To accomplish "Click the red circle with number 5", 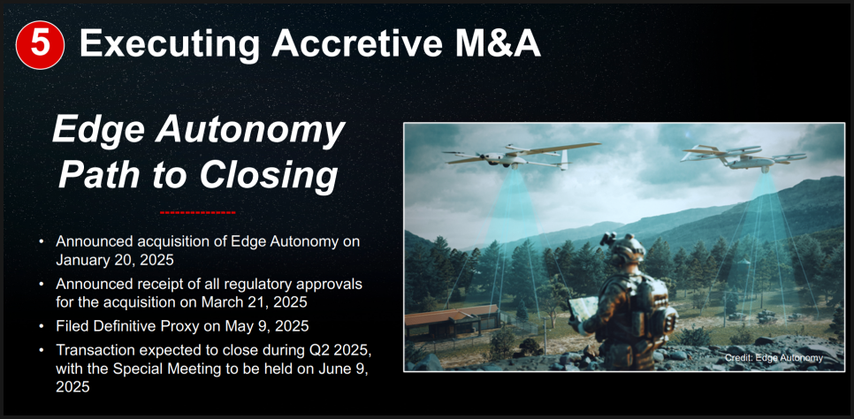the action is [x=41, y=45].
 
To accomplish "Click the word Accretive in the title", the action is [x=356, y=43].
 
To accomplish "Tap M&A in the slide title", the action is [x=494, y=43].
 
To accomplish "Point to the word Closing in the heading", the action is [x=266, y=175].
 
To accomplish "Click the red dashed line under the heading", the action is [x=198, y=212].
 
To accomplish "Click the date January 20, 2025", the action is [x=115, y=260].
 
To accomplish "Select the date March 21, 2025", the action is [x=255, y=301].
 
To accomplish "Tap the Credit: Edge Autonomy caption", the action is [x=774, y=358].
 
